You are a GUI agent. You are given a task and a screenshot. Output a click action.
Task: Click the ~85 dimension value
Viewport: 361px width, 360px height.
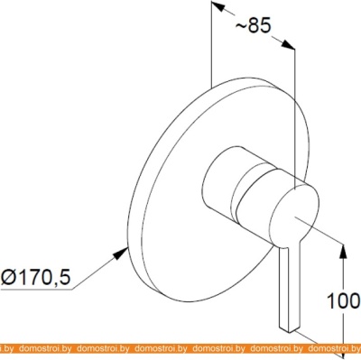coord(254,26)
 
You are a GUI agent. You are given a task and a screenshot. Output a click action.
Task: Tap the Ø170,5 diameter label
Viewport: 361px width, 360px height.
coord(35,277)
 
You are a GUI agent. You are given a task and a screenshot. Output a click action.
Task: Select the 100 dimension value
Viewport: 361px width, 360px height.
coord(344,300)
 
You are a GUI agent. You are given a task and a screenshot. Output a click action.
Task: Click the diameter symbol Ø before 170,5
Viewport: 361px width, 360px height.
coord(8,277)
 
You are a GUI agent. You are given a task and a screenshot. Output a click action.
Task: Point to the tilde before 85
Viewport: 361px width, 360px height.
coord(241,26)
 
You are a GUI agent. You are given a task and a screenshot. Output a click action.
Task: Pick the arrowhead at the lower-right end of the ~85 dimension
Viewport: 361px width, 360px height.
coord(287,44)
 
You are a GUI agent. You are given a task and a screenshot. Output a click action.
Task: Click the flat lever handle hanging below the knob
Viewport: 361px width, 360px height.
coord(290,286)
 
